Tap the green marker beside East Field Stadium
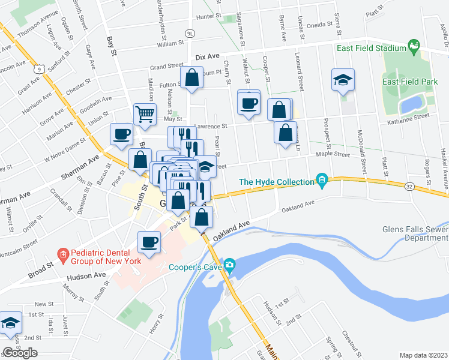click(x=413, y=46)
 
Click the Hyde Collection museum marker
click(x=322, y=180)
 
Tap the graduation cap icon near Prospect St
click(x=343, y=80)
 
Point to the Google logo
click(x=20, y=353)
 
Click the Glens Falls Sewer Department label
click(x=414, y=233)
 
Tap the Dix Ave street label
click(x=208, y=56)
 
